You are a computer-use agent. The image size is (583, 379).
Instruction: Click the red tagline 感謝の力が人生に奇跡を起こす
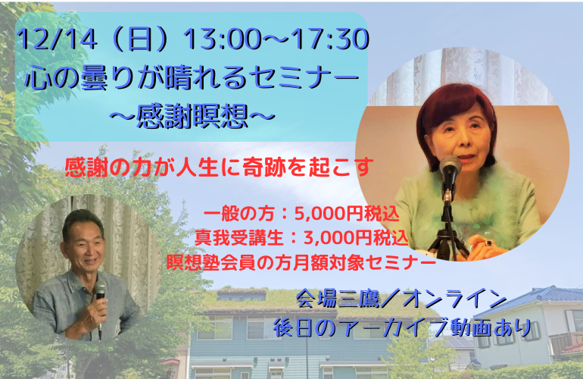(219, 166)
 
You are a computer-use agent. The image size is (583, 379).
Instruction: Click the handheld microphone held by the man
(99, 293)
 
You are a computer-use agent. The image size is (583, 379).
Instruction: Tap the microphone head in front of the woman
(450, 164)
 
